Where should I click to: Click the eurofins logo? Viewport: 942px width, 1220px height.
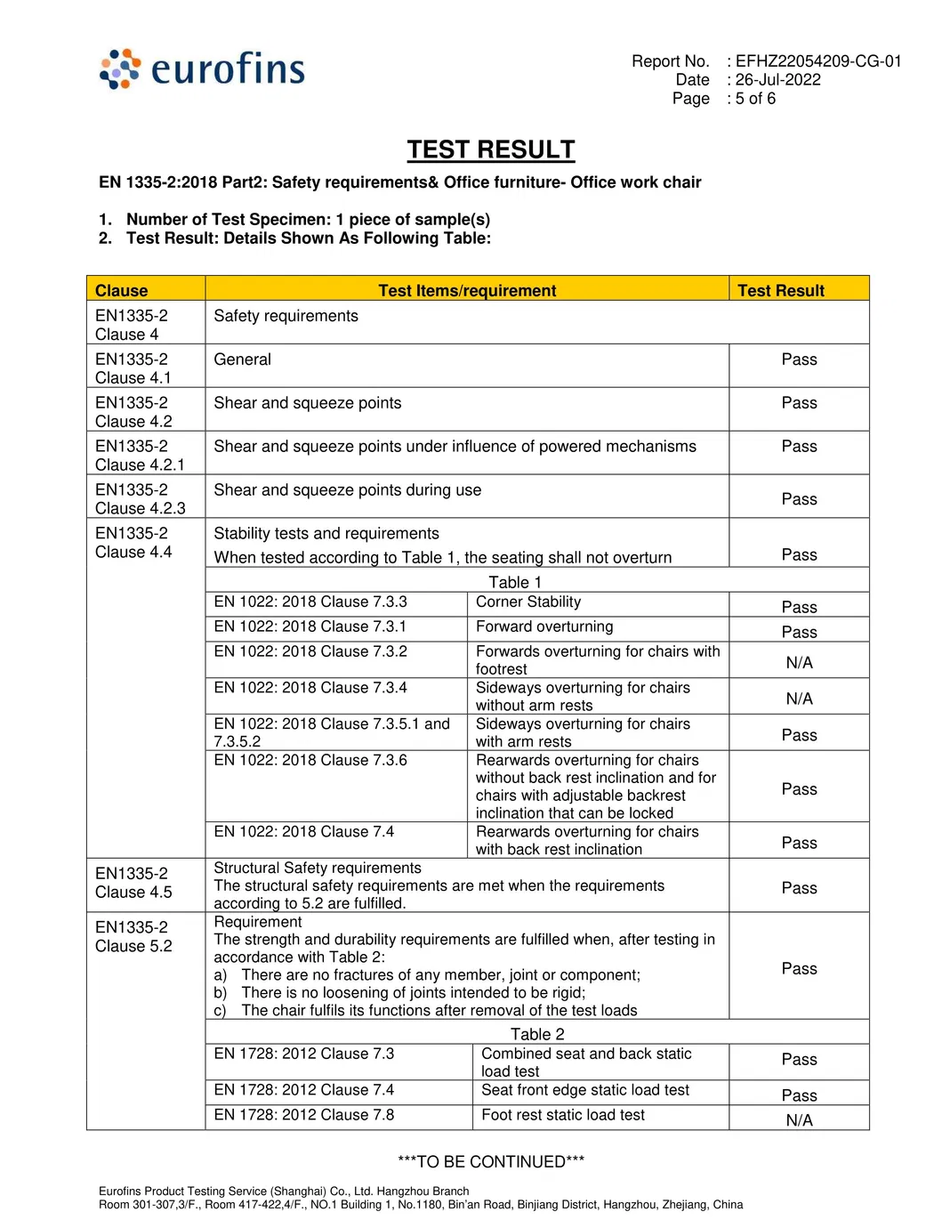pos(203,69)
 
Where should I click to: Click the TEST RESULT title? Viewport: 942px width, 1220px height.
pos(491,149)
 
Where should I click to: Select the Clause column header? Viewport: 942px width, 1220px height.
pos(122,290)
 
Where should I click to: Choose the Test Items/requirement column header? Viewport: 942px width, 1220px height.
pos(467,290)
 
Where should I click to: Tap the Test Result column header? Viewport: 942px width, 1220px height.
pos(781,290)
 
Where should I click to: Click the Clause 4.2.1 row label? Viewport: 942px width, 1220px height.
pos(140,456)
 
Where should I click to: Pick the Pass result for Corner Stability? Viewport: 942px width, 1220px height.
pos(799,607)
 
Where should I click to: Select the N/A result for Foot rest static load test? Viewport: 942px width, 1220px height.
pos(799,1120)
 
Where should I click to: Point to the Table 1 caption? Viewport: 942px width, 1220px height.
pos(515,582)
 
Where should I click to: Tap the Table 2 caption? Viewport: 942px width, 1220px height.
pos(537,1034)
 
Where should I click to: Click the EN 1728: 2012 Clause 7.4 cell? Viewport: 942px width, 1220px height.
pos(304,1090)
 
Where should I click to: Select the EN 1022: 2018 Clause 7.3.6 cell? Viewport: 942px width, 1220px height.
pos(310,761)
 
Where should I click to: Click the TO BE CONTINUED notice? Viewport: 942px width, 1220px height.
pos(491,1161)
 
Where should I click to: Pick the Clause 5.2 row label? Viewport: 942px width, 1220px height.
pos(133,936)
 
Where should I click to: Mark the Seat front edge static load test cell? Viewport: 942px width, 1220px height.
pos(585,1090)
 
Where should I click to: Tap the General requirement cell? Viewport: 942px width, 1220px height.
pos(243,360)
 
